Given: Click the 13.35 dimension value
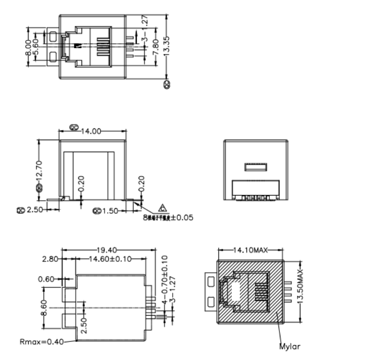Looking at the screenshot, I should (166, 47).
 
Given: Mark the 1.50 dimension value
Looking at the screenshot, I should (110, 211).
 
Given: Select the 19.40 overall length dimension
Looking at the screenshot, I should (107, 249).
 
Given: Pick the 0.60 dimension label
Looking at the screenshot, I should (46, 279).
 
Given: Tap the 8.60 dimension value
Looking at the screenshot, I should (43, 308).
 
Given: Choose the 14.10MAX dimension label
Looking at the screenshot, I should (251, 250).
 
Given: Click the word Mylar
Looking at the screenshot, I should (290, 347).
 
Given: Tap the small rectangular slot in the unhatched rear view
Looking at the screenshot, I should (257, 167).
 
